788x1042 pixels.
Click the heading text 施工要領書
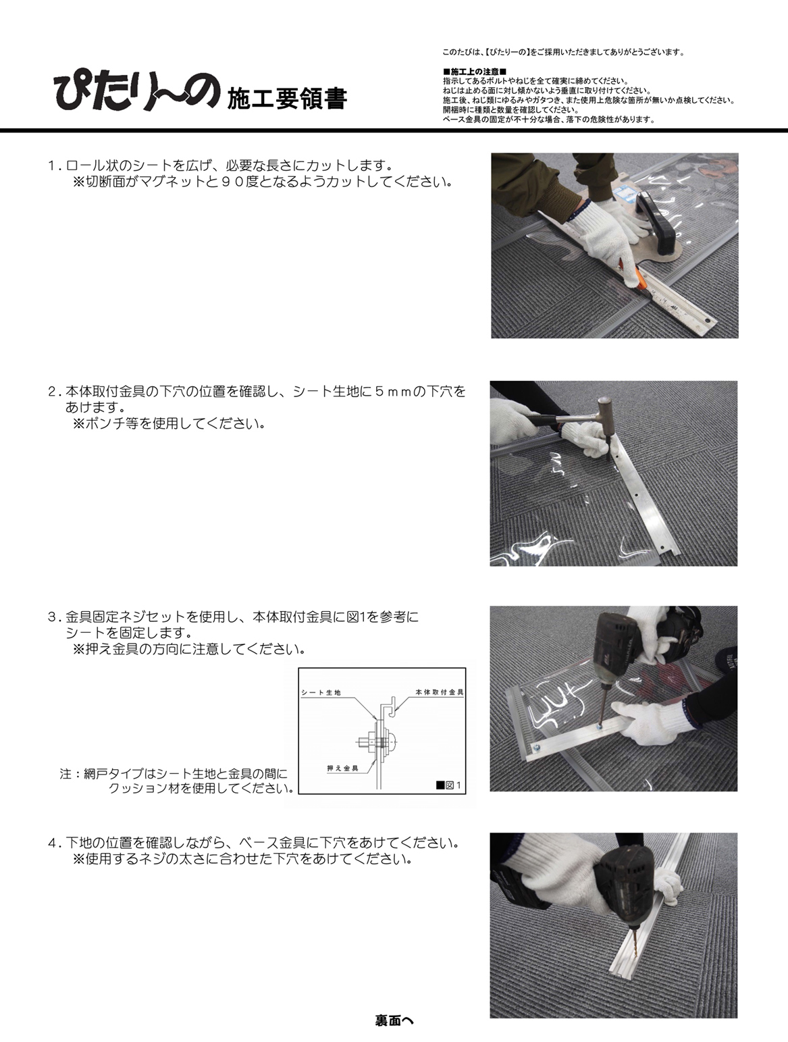287,99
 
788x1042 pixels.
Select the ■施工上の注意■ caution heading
475,72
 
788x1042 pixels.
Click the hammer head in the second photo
605,407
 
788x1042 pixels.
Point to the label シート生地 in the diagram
321,693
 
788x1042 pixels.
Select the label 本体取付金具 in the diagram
440,692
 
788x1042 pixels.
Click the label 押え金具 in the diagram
343,768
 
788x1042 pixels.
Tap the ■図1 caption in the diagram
448,785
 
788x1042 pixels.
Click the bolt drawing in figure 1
377,742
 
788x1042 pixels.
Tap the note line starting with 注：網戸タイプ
174,774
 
